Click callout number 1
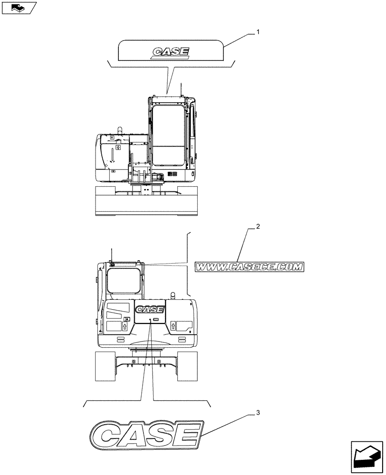(258, 32)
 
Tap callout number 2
(258, 227)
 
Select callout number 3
(258, 412)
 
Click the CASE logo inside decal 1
(171, 52)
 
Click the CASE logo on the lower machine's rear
(150, 310)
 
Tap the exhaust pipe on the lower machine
(173, 295)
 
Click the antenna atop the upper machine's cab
(181, 89)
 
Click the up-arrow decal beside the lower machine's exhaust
(174, 326)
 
